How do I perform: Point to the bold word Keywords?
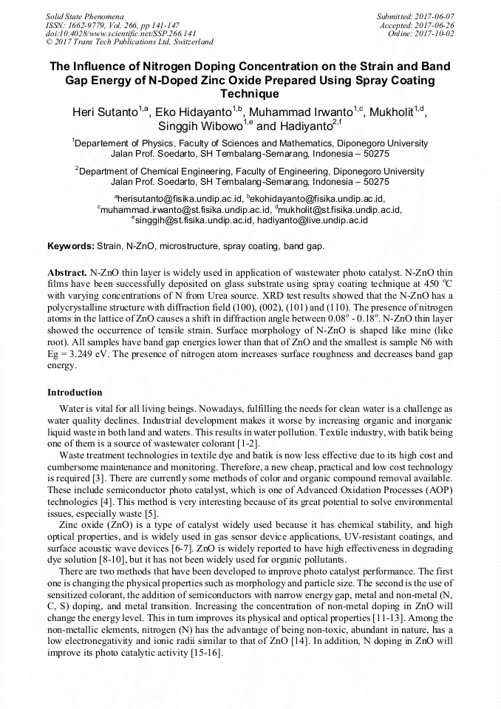point(71,245)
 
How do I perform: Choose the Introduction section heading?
point(75,393)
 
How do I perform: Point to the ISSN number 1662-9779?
point(95,24)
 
